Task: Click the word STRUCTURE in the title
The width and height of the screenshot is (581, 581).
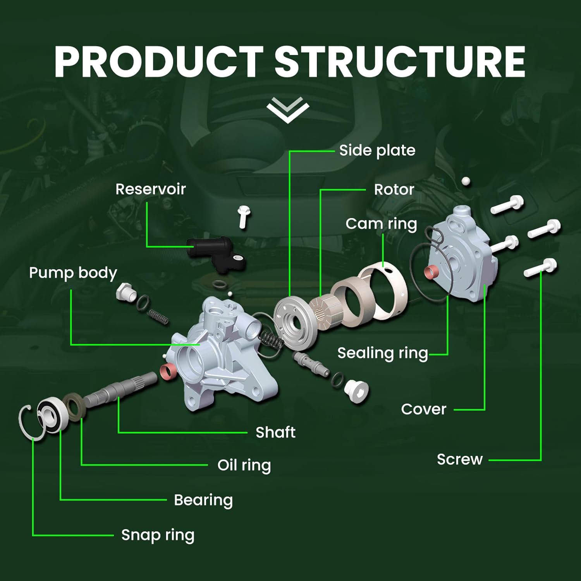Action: [400, 62]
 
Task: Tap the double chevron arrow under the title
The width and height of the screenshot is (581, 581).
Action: [288, 110]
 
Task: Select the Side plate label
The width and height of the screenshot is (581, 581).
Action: [377, 150]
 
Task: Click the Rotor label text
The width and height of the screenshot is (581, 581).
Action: [394, 189]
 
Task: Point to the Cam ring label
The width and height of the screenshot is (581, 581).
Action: [381, 224]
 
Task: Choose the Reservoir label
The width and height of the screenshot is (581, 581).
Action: [151, 189]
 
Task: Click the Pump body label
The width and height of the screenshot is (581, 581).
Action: [73, 273]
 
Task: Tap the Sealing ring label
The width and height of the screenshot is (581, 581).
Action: [383, 353]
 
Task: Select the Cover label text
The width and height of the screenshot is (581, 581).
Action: [424, 409]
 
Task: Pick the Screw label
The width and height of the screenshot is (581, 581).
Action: [460, 459]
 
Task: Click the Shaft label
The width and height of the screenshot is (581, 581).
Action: [275, 432]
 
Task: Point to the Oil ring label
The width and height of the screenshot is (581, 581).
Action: [244, 466]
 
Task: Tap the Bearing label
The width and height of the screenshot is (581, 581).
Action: [203, 500]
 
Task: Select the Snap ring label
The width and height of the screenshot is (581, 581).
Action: [158, 535]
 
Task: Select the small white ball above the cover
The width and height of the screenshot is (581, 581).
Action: [466, 181]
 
